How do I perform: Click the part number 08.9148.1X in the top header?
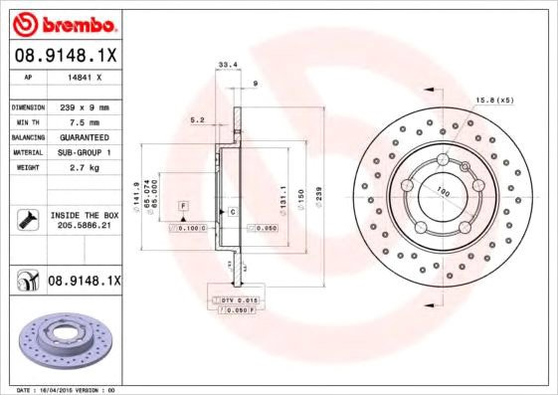coord(66,55)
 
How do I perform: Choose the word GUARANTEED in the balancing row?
coord(84,136)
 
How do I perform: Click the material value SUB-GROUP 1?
coord(84,152)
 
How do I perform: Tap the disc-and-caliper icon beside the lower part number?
coord(25,282)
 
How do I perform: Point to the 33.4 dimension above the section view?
coord(226,66)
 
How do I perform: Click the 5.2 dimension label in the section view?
coord(197,120)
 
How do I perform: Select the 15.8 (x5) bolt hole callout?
coord(494,100)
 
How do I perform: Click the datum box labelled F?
coord(184,205)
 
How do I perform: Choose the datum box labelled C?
coord(232,213)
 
